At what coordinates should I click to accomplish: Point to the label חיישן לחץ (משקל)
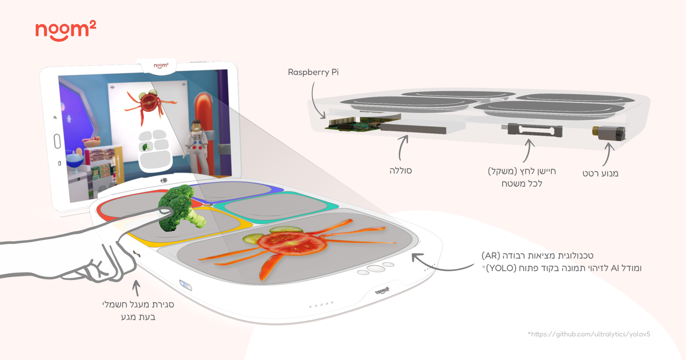[x=522, y=171]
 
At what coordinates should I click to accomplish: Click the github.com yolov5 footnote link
[x=588, y=334]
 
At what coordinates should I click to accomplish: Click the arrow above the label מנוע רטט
[x=607, y=153]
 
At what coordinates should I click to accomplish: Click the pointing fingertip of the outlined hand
[x=168, y=211]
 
